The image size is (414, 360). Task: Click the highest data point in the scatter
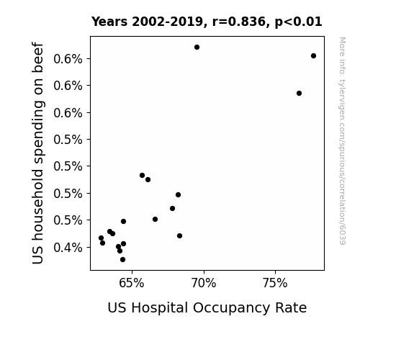point(197,48)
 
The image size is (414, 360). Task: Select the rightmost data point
point(313,55)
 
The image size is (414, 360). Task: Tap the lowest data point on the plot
point(122,260)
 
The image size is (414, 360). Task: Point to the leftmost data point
point(101,238)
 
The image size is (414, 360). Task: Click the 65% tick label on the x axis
point(132,283)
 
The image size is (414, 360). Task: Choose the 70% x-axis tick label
point(204,283)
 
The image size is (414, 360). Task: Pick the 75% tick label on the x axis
point(275,283)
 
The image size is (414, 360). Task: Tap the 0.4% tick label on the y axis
point(68,248)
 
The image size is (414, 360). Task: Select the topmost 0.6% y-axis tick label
point(68,58)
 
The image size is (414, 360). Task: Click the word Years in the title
point(109,22)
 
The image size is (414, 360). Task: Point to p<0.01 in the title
point(298,22)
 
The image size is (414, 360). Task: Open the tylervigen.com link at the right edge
point(342,141)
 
